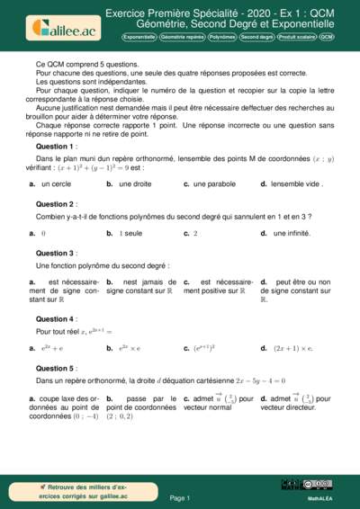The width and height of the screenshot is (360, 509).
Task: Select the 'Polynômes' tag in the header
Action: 222,38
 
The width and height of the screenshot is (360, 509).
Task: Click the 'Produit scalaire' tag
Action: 297,38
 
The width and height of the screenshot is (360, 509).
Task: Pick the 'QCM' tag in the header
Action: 327,38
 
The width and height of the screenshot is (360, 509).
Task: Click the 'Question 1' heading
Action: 56,146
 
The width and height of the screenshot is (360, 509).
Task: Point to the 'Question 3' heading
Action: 56,254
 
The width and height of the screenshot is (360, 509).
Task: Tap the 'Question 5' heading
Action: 56,368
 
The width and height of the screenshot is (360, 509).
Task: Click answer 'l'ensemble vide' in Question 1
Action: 293,184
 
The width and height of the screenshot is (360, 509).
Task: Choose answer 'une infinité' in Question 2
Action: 293,233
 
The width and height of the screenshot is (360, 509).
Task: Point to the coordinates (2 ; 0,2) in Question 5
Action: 120,416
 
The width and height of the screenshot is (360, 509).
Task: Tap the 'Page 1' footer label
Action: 180,497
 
